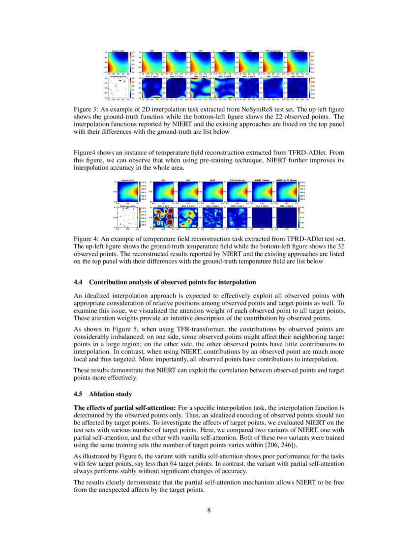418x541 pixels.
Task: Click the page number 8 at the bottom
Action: pos(209,510)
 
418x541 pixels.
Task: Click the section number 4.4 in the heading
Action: pos(79,282)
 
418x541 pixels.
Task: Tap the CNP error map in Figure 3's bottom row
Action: pos(200,88)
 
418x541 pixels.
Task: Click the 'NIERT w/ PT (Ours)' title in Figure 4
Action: pos(286,180)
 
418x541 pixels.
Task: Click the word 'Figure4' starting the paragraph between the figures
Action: pos(84,154)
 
